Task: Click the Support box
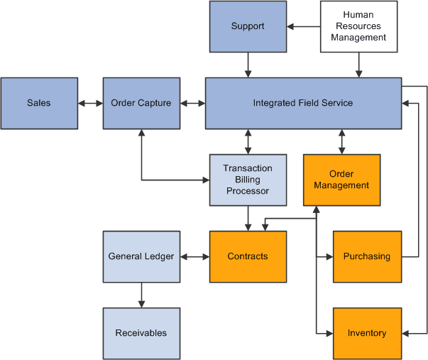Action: click(x=248, y=26)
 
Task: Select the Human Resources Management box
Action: click(x=358, y=26)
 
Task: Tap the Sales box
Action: click(x=39, y=103)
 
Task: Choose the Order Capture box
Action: click(x=141, y=103)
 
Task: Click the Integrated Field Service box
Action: click(x=303, y=103)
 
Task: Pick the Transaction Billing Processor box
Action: click(x=248, y=180)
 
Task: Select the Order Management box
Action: click(x=342, y=180)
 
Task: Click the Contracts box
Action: click(x=248, y=256)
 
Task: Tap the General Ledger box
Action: click(x=141, y=256)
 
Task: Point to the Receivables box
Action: click(x=141, y=333)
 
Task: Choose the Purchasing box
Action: click(x=367, y=256)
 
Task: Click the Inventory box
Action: click(x=367, y=333)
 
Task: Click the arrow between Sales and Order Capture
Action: click(x=90, y=103)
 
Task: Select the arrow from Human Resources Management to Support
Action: click(x=304, y=26)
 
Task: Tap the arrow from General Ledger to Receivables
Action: click(x=141, y=295)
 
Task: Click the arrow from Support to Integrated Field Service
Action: click(x=248, y=65)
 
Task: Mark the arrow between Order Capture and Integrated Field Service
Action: click(x=192, y=103)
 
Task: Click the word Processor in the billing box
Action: click(x=248, y=191)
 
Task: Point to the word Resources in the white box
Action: click(x=358, y=26)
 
